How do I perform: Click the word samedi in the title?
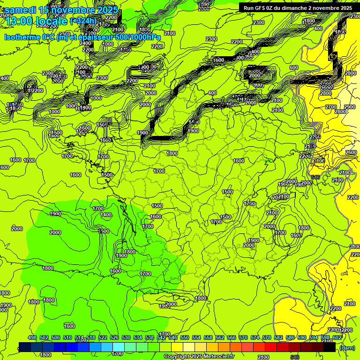(21, 10)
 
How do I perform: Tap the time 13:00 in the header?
(21, 21)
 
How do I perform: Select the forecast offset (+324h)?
(83, 21)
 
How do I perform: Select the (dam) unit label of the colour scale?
(347, 348)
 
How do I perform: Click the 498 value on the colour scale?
(32, 337)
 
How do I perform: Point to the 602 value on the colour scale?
(337, 337)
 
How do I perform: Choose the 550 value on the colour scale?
(185, 337)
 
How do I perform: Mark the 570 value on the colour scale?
(243, 337)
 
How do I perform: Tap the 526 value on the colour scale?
(114, 337)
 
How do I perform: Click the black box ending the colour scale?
(330, 347)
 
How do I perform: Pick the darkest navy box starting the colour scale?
(25, 347)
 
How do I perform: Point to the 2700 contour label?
(331, 107)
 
